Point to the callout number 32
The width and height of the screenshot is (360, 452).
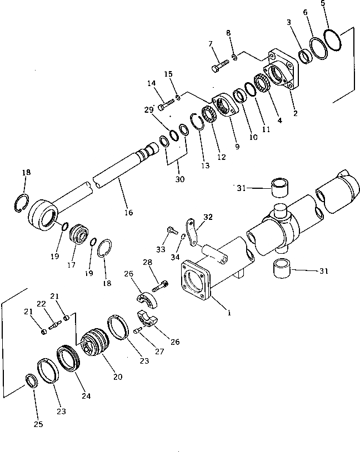[207, 217]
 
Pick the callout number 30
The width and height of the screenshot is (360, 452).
[179, 179]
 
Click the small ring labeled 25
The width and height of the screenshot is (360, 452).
[31, 381]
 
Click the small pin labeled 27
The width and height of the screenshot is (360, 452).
[137, 332]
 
